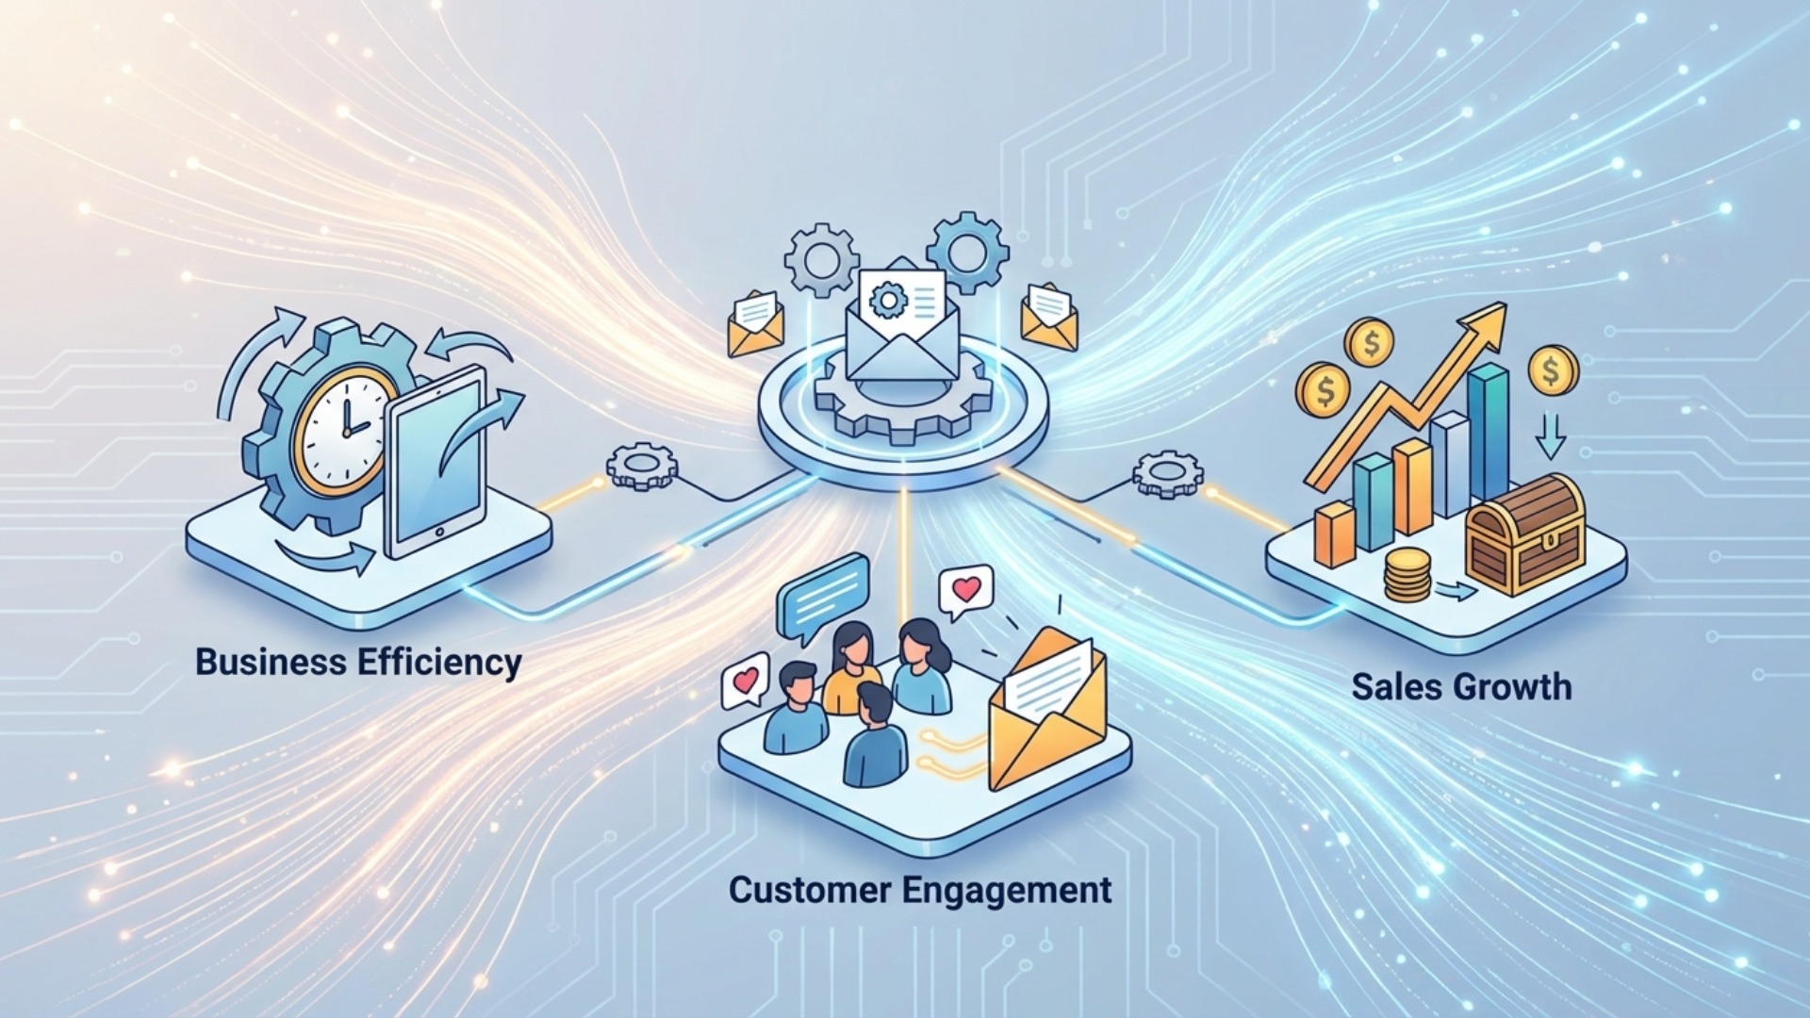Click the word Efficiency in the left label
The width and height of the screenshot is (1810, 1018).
click(439, 662)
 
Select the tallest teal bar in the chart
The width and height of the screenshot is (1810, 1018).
click(1489, 434)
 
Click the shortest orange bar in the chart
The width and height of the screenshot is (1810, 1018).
click(1335, 534)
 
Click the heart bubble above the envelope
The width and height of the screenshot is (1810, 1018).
click(966, 591)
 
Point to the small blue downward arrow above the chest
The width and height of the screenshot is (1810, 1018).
click(1551, 437)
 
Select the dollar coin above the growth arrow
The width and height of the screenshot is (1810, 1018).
click(1372, 344)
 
